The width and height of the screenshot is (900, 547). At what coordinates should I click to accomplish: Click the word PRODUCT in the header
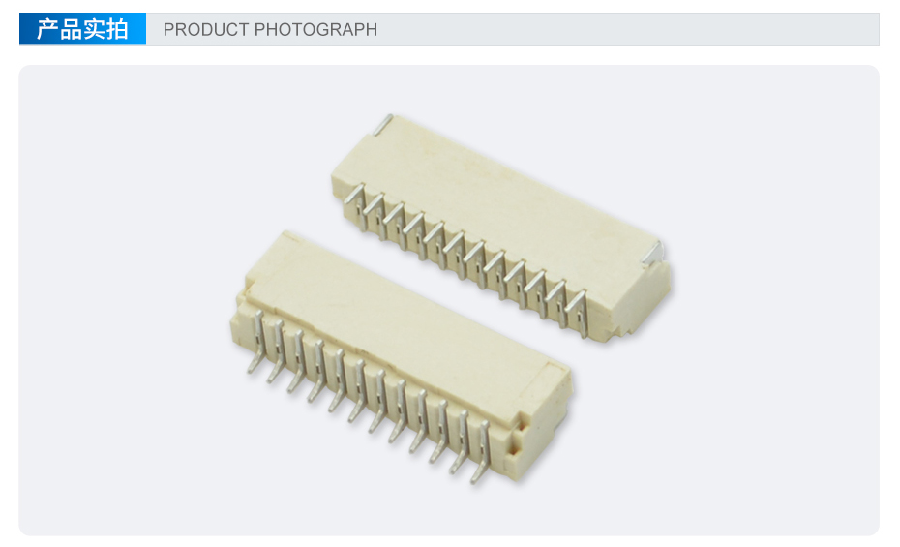point(206,29)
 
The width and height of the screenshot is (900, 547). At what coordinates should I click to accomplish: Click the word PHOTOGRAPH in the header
point(315,29)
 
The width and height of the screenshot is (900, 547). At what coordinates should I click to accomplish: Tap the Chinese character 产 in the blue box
point(47,29)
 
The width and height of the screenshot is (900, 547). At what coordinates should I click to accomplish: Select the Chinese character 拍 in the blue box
point(116,29)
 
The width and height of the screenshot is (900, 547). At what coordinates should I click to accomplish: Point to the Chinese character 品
point(71,29)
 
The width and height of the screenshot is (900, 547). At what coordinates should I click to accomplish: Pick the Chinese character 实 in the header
point(94,29)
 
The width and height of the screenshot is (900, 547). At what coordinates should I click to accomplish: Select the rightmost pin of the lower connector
point(482,453)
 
